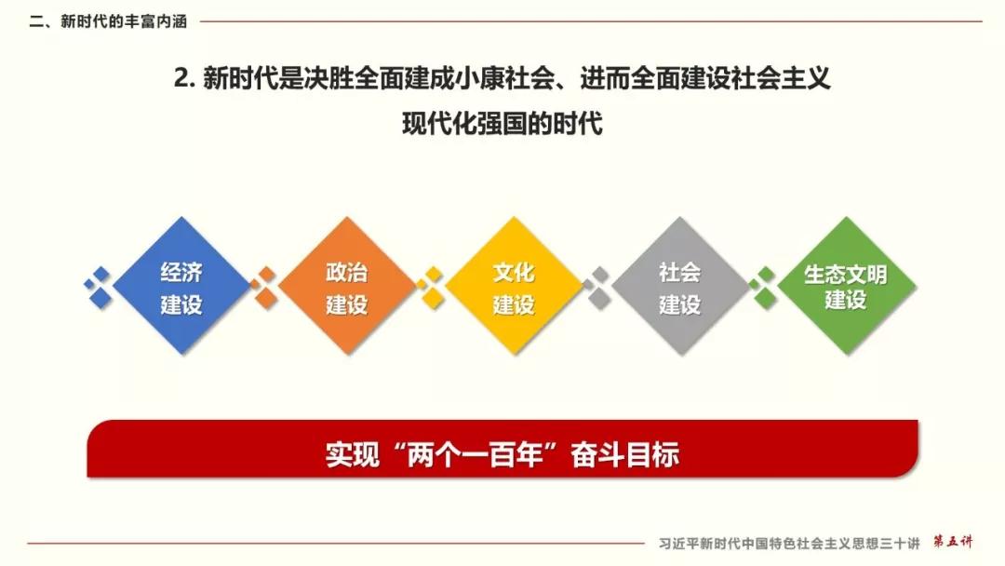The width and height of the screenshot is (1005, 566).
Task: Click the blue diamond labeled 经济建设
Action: click(x=181, y=285)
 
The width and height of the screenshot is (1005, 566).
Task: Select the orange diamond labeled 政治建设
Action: click(x=347, y=285)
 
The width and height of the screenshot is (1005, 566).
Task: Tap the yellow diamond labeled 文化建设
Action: click(x=514, y=285)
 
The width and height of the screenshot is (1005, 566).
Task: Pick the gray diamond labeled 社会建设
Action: click(x=680, y=285)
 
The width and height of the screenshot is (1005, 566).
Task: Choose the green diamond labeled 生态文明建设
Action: click(x=846, y=285)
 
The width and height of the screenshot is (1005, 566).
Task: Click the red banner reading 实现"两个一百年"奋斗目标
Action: click(x=502, y=449)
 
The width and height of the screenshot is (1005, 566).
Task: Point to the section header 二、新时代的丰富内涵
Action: click(x=108, y=21)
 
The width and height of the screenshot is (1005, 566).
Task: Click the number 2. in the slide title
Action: click(x=184, y=79)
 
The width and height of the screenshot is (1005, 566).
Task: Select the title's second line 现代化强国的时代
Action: click(x=502, y=123)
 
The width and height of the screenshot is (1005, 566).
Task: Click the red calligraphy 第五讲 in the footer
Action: click(x=953, y=543)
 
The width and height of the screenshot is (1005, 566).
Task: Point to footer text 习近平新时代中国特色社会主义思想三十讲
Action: click(x=789, y=544)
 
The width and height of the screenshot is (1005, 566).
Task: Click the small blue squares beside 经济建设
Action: click(x=98, y=288)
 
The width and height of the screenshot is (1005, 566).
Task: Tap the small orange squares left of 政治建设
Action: click(x=263, y=288)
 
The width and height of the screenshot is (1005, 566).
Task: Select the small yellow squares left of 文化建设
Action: click(x=431, y=288)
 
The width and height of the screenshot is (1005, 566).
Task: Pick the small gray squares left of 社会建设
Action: click(x=596, y=288)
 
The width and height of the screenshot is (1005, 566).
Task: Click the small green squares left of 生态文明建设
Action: click(x=763, y=288)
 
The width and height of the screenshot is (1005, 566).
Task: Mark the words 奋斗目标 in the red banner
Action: click(x=625, y=455)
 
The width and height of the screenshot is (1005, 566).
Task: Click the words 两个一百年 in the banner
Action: click(x=475, y=455)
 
